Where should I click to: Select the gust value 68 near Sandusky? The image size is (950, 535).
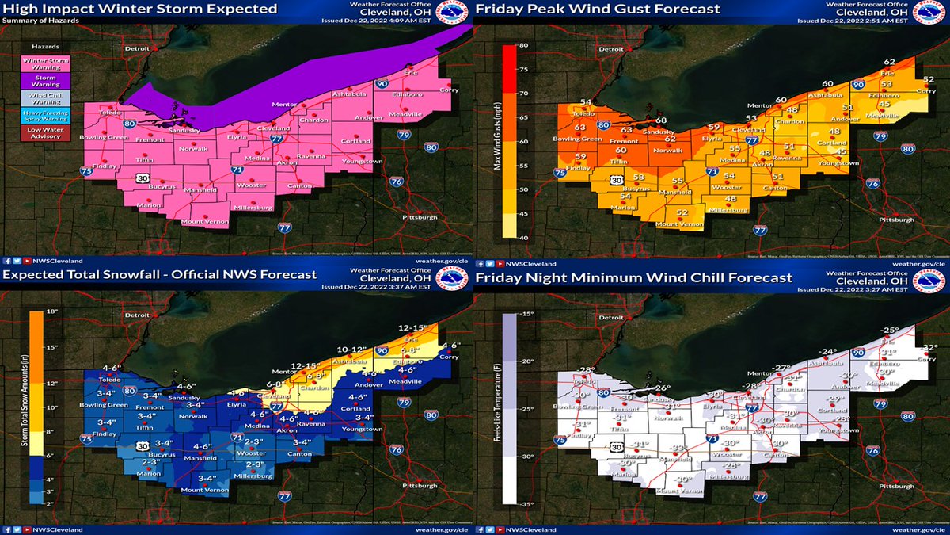pos(660,120)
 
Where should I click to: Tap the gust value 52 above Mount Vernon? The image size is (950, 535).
pos(682,212)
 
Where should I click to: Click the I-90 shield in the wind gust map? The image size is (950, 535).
pos(858,84)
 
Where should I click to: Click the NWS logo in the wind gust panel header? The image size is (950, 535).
pos(931,13)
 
